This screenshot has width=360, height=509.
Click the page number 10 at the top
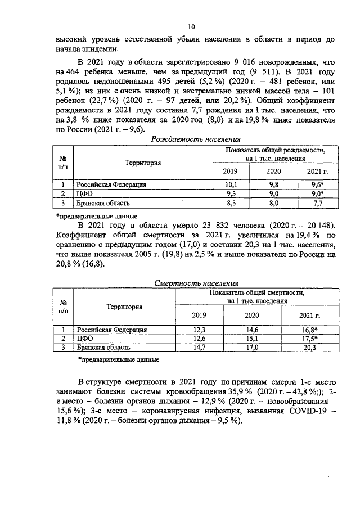[191, 26]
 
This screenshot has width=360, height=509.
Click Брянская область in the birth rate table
[104, 202]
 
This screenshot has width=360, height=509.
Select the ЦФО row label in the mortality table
[84, 339]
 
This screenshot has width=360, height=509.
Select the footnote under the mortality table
[119, 359]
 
